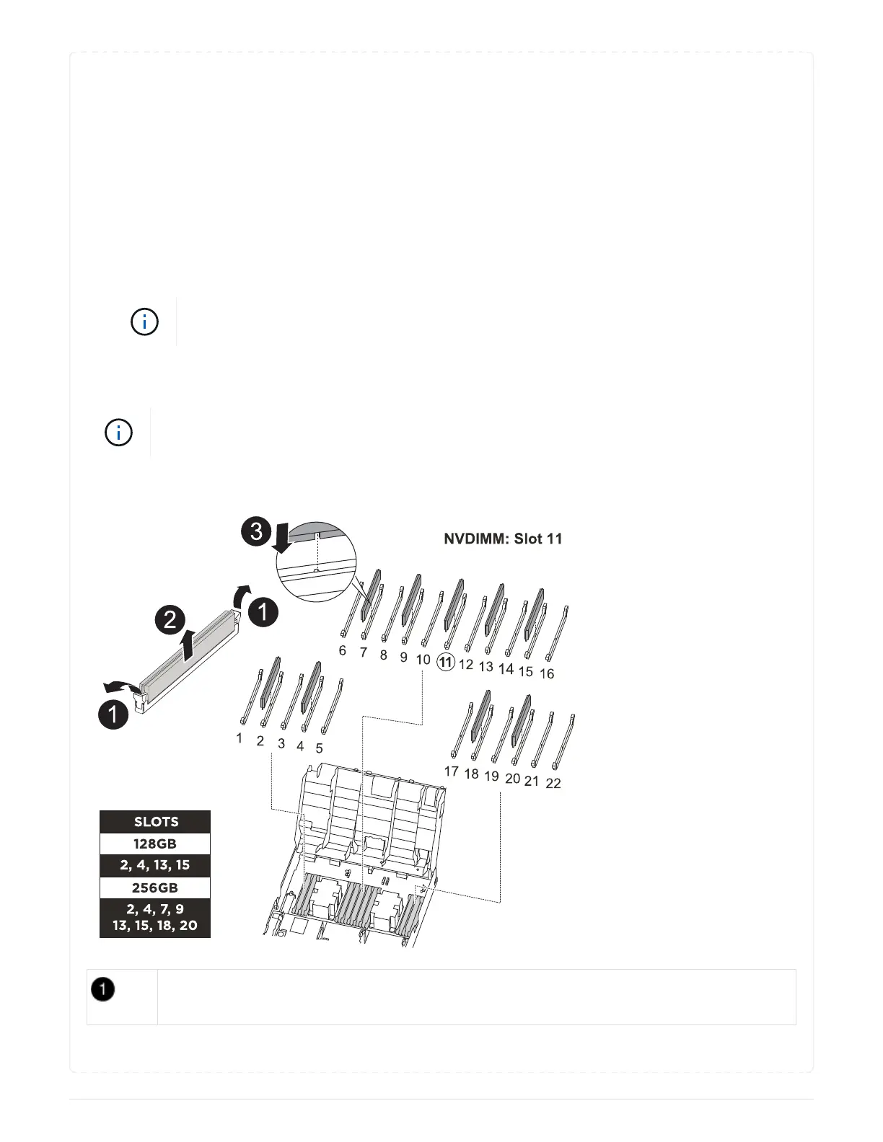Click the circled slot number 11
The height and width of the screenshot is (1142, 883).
coord(446,663)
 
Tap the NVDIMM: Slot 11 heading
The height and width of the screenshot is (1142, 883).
coord(503,539)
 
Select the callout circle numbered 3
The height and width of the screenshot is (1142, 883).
coord(256,534)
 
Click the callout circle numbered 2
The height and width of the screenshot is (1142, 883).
coord(170,619)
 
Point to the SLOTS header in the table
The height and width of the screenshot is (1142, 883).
coord(155,822)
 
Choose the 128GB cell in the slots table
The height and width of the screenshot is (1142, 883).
coord(155,844)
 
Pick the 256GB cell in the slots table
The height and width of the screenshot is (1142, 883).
coord(155,888)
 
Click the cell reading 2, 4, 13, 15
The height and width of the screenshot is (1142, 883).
coord(155,865)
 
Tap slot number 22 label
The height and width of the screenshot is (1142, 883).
coord(553,783)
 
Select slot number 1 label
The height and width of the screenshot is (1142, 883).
coord(240,738)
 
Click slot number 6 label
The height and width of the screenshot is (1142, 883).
coord(343,651)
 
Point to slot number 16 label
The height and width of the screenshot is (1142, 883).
coord(547,673)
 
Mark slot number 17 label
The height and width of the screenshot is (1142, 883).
coord(452,771)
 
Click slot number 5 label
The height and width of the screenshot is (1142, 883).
coord(320,748)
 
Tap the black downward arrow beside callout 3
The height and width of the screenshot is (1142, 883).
coord(283,539)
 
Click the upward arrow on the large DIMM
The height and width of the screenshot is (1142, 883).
coord(189,644)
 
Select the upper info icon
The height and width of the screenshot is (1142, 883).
coord(144,322)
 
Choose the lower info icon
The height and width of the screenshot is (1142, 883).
coord(119,433)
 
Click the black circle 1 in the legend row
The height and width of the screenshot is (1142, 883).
coord(103,990)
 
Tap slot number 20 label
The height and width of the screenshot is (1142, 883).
coord(512,779)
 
